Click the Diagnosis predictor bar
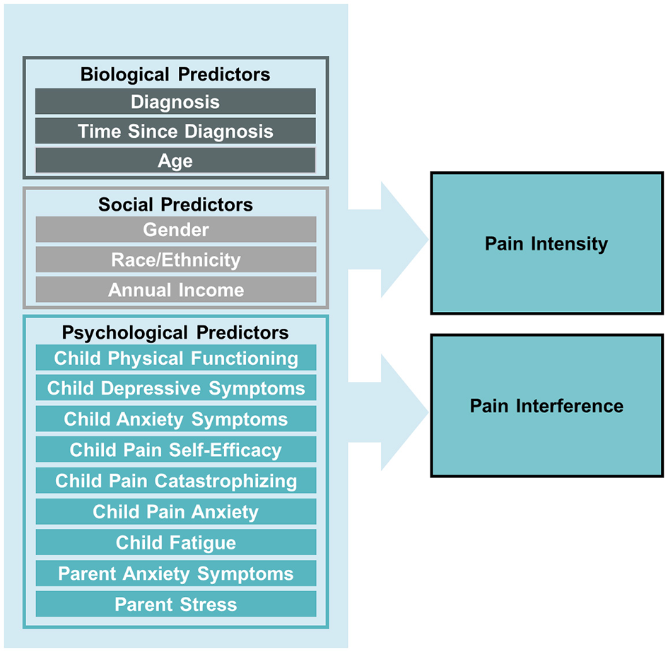click(x=175, y=102)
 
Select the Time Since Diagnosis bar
click(x=175, y=132)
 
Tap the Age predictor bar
click(x=175, y=161)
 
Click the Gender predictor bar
click(x=175, y=230)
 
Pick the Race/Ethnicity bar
click(x=175, y=260)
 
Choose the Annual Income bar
click(x=175, y=290)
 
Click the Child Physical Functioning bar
click(x=175, y=358)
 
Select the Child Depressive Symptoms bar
click(x=175, y=388)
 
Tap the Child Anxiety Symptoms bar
click(x=175, y=419)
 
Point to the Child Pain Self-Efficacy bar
click(x=175, y=450)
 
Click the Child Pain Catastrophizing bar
click(x=175, y=481)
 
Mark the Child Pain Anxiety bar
click(x=175, y=512)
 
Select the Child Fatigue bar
click(x=175, y=543)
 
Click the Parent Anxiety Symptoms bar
click(x=175, y=574)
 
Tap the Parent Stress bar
click(x=175, y=605)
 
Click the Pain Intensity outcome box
click(x=546, y=244)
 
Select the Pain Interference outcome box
click(x=546, y=406)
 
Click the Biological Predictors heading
click(x=175, y=74)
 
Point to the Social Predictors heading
click(x=175, y=204)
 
